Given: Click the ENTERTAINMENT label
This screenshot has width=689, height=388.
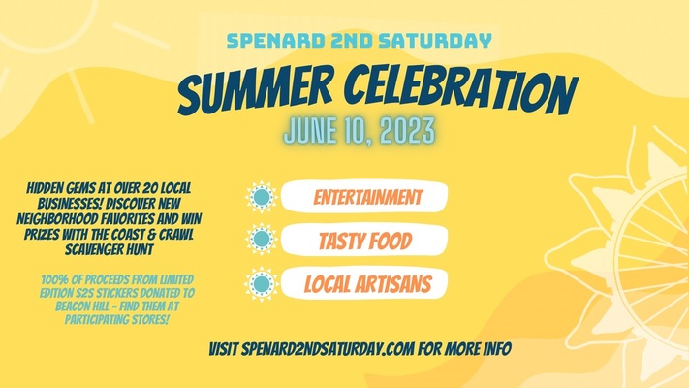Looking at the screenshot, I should [368, 198].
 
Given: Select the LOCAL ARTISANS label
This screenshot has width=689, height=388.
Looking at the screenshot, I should [367, 284].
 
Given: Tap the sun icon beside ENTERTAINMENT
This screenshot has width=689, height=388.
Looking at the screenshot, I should [261, 198].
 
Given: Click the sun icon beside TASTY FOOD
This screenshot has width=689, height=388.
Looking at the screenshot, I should [261, 241].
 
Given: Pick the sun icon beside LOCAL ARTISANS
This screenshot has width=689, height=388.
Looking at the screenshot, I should [261, 284].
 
